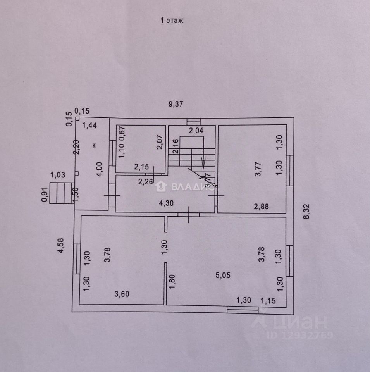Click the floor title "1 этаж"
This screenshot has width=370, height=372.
click(x=172, y=21)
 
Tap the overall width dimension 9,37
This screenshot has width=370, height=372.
click(x=175, y=104)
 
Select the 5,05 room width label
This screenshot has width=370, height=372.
click(x=224, y=275)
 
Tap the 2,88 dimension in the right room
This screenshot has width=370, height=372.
click(x=261, y=207)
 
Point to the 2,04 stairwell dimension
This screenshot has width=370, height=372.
click(x=196, y=131)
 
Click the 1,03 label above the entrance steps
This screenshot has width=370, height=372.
click(x=57, y=176)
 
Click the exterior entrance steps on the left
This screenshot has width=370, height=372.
click(x=61, y=193)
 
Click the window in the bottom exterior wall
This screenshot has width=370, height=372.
click(x=243, y=309)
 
